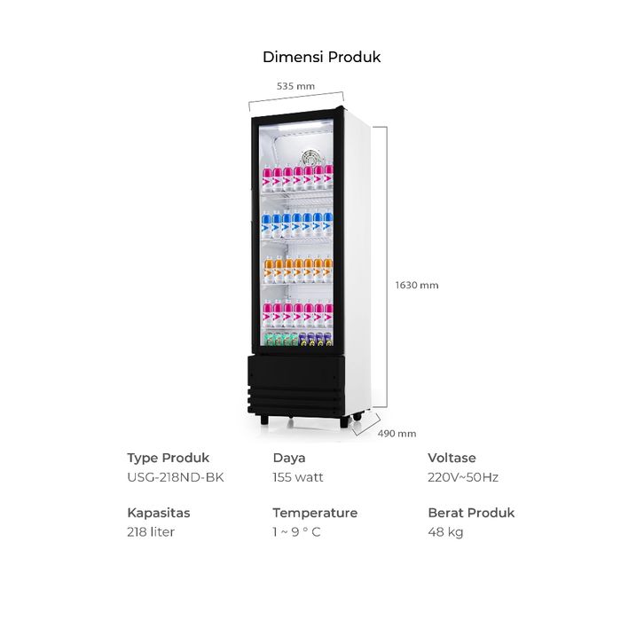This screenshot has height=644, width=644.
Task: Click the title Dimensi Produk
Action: (x=322, y=57)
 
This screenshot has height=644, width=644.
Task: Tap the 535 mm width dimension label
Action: (x=295, y=86)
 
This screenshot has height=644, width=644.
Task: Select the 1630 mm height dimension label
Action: (x=417, y=285)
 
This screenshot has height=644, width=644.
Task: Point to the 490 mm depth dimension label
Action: (x=397, y=433)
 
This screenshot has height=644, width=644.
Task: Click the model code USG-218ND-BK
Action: (x=176, y=477)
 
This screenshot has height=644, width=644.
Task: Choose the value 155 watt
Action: (x=298, y=477)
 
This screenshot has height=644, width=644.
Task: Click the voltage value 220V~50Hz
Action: (x=463, y=477)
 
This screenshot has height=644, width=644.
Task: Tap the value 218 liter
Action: (x=151, y=532)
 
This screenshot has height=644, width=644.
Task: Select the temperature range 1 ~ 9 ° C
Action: (x=296, y=532)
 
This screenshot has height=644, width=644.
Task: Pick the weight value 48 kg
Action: (x=445, y=532)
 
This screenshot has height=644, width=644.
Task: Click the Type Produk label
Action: (x=168, y=458)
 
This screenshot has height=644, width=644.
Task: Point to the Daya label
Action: (x=288, y=458)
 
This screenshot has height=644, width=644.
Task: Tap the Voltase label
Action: (x=452, y=458)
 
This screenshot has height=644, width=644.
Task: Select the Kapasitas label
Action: (x=159, y=513)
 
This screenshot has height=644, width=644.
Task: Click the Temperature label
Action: (x=315, y=513)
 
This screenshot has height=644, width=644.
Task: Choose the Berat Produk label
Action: (x=471, y=513)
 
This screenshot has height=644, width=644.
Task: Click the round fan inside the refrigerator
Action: (x=311, y=158)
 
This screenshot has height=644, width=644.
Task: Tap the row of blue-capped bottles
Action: (x=297, y=224)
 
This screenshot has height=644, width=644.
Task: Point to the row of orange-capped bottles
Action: (x=298, y=270)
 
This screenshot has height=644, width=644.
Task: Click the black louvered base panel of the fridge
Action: (x=295, y=385)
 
